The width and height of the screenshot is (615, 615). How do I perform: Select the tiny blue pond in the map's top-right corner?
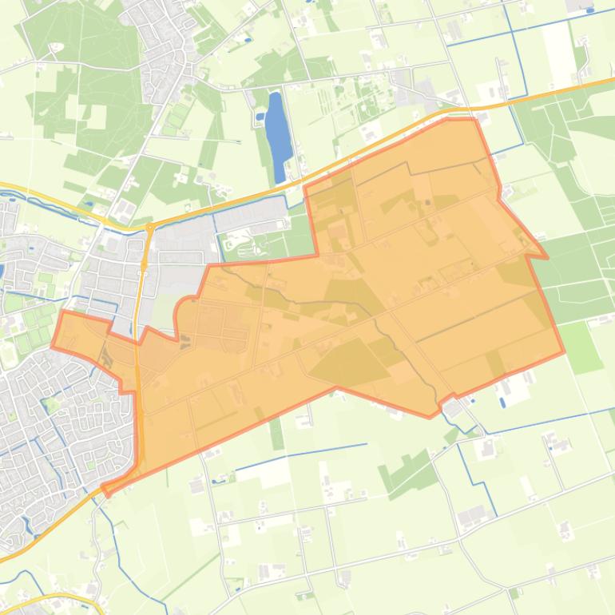coord(589,10)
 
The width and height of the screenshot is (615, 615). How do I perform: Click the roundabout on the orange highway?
coord(150,228)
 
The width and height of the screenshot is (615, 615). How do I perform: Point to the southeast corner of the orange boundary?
coord(563,351)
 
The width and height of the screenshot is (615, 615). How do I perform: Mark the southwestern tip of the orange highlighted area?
coord(105,490)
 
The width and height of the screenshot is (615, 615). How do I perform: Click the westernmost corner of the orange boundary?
coord(53,347)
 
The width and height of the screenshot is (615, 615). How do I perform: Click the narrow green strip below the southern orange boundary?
coord(276,432)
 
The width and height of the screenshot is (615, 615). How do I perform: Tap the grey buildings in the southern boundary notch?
coord(452,410)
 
